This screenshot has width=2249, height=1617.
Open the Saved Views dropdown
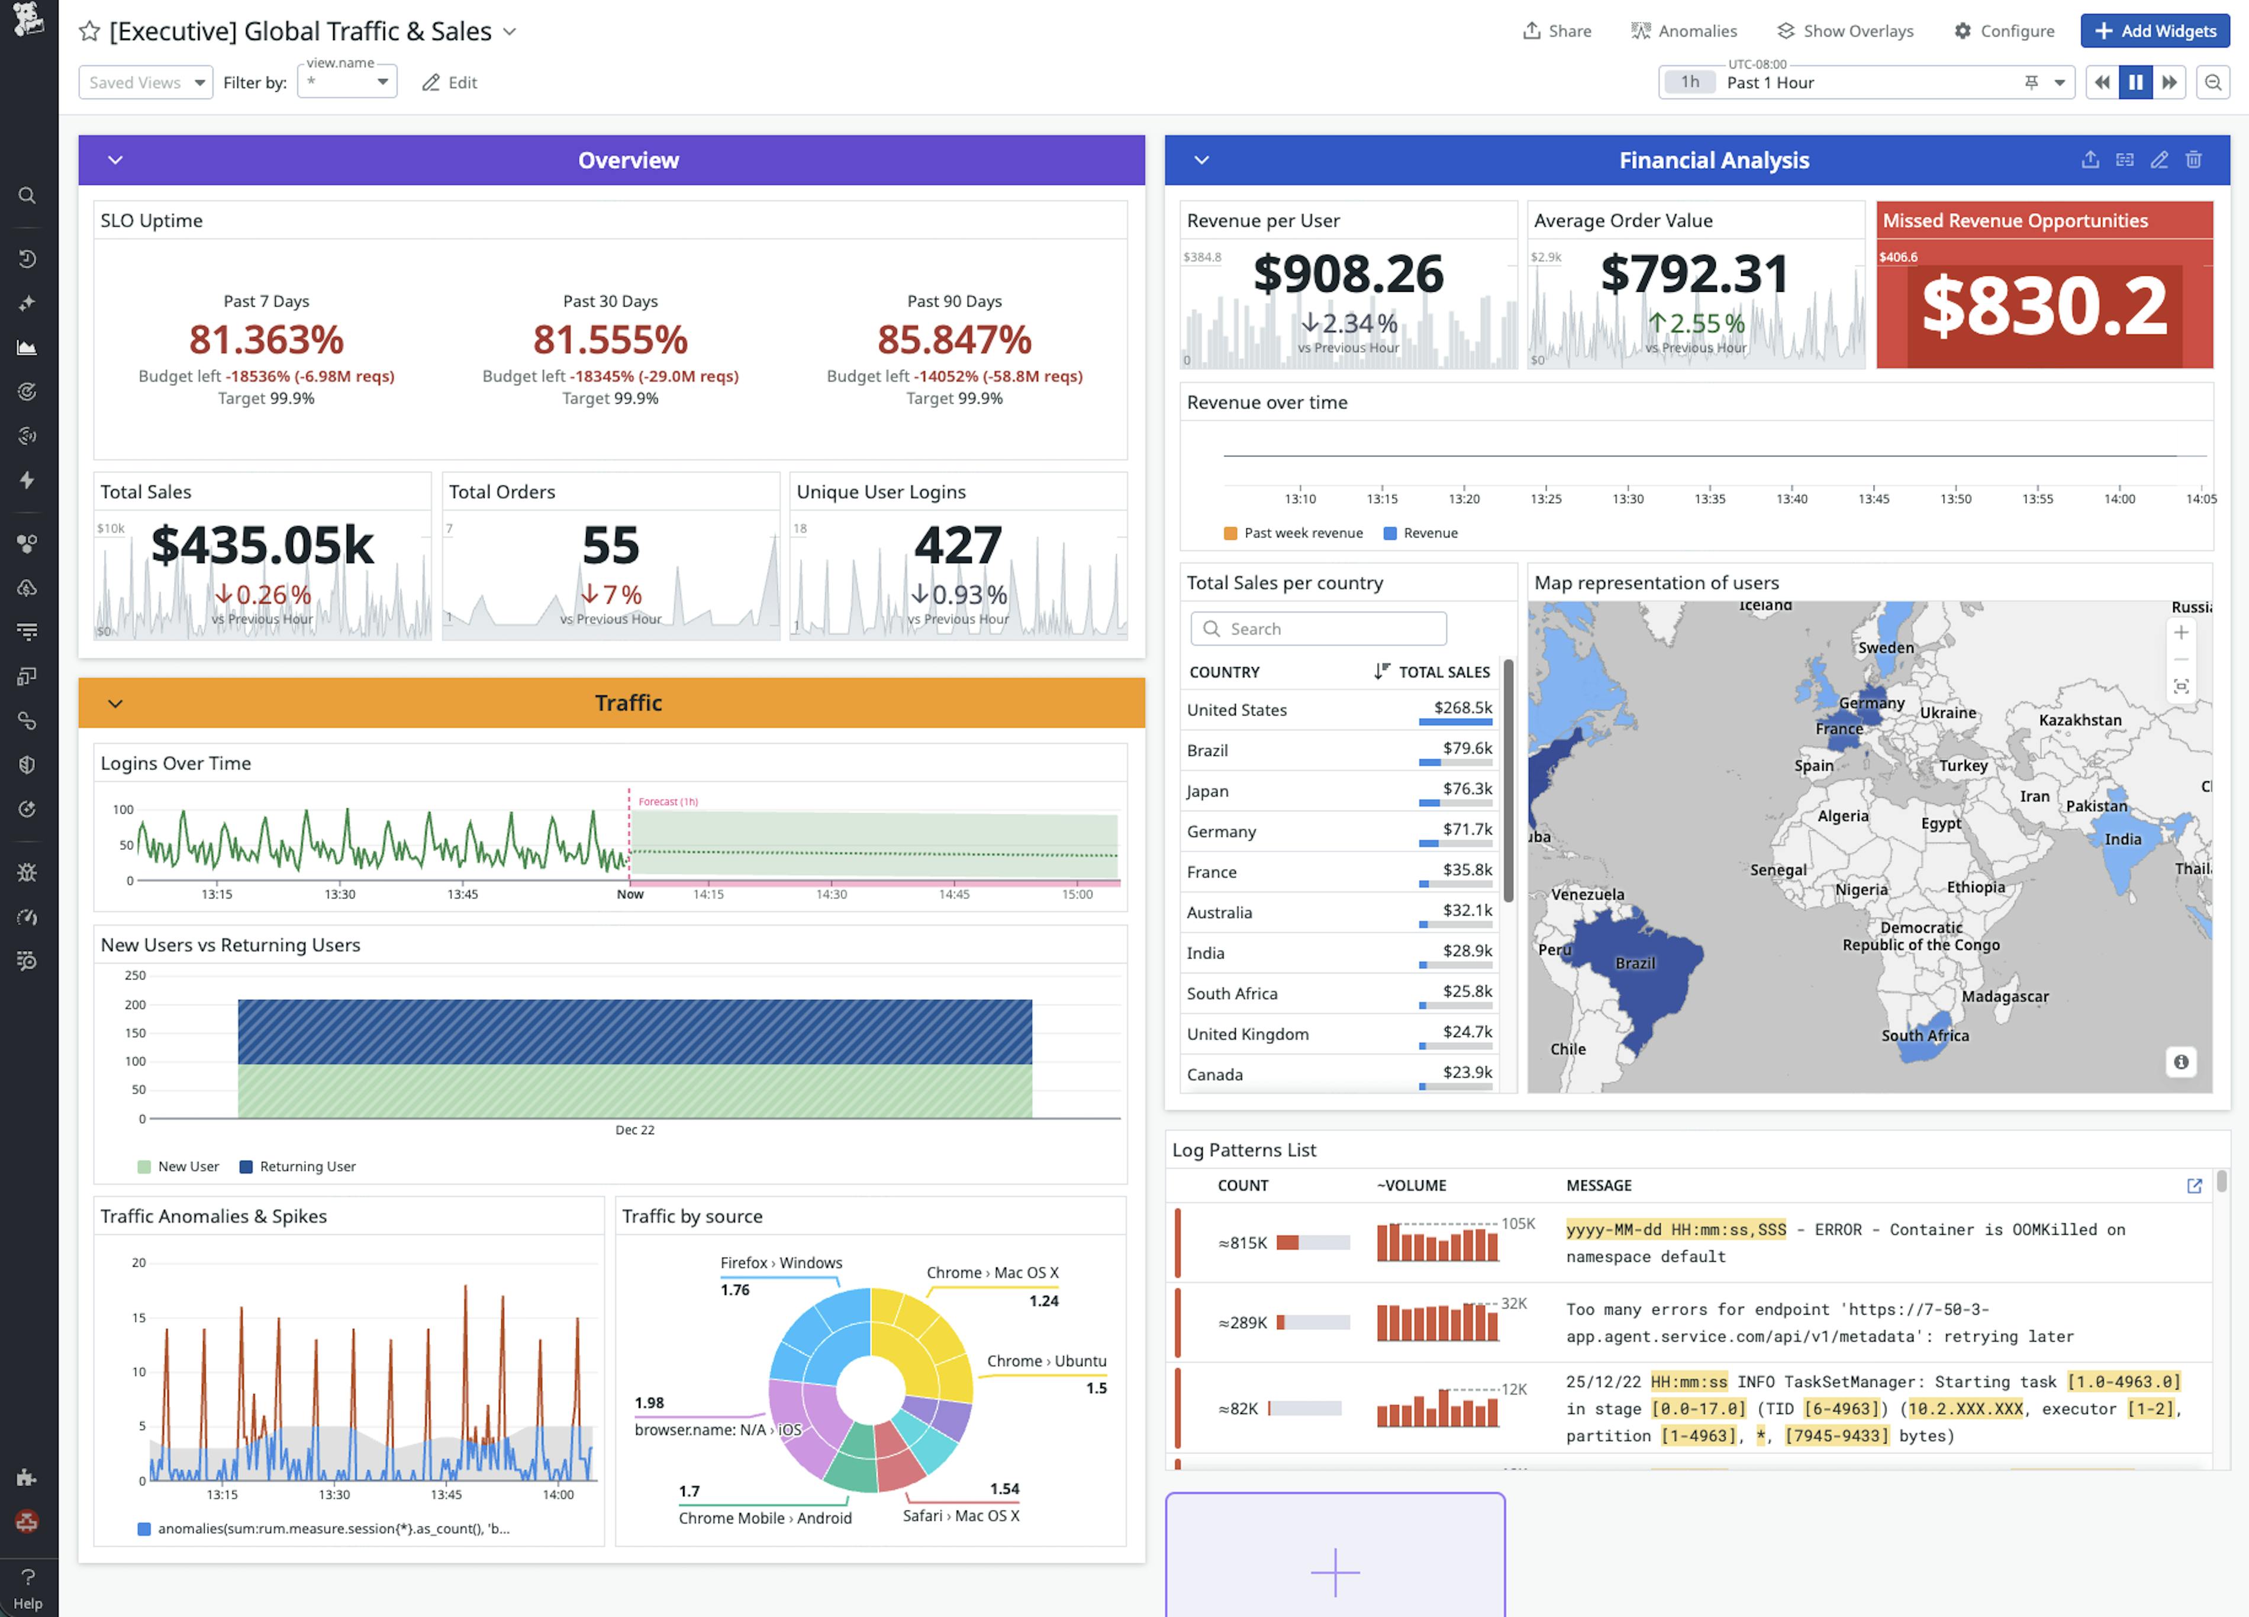(x=146, y=82)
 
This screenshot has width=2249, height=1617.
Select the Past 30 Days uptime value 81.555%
(x=610, y=340)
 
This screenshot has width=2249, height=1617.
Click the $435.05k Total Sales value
(x=262, y=545)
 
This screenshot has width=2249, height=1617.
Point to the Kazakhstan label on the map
(x=2079, y=720)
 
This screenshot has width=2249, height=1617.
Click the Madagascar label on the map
(x=2004, y=996)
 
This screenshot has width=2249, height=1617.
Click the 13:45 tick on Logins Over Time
(x=462, y=894)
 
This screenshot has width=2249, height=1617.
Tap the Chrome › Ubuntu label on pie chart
(x=1046, y=1361)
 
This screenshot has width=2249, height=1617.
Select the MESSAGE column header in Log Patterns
(x=1599, y=1185)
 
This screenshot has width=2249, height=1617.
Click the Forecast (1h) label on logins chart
(x=668, y=801)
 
